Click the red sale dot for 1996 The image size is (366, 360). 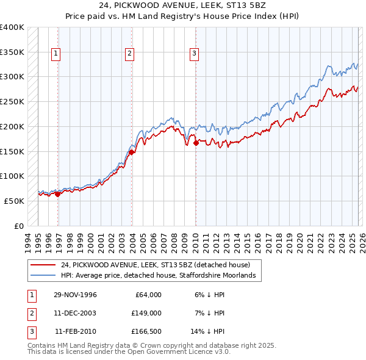[x=57, y=194]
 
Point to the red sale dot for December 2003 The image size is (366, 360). [x=132, y=153]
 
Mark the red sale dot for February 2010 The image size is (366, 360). [x=196, y=144]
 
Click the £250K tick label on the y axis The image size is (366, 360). [x=12, y=101]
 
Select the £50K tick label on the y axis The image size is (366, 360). [x=15, y=201]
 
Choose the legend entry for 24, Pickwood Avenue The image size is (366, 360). [x=156, y=265]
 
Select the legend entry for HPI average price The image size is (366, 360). [x=161, y=276]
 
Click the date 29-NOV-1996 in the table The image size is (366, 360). [x=75, y=295]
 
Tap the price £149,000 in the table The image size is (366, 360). [x=145, y=313]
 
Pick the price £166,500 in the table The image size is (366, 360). [x=145, y=331]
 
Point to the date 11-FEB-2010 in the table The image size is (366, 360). [x=76, y=331]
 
